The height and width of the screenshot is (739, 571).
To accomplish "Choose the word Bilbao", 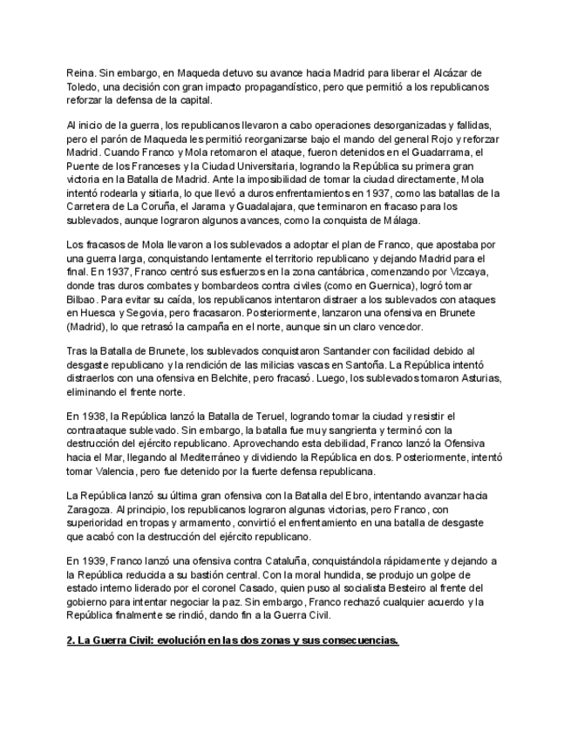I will (83, 299).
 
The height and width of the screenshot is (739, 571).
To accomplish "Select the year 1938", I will (91, 417).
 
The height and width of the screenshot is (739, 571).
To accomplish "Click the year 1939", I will (91, 561).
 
